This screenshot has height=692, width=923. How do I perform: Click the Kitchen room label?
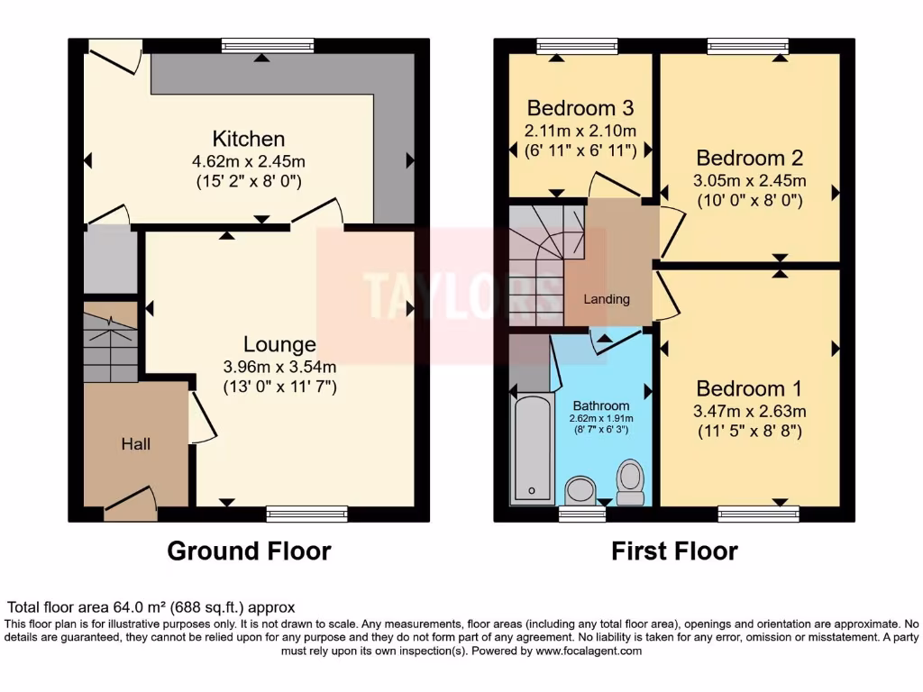249,139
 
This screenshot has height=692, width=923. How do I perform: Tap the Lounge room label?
279,344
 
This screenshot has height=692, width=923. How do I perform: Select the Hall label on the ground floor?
136,444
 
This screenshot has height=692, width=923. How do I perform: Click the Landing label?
606,299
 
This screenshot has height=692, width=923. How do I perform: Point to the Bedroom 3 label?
580,108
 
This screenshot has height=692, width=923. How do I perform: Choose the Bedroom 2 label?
749,158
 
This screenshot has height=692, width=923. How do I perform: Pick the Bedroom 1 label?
748,388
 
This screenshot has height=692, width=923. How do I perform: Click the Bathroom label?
601,405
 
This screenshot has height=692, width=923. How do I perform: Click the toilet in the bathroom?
629,481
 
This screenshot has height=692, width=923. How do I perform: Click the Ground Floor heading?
249,551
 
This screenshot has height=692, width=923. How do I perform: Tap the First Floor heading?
674,551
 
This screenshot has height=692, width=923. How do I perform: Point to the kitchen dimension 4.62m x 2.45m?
249,162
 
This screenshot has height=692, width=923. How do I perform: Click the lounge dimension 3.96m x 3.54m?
279,367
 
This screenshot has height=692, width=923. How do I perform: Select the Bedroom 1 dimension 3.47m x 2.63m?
749,411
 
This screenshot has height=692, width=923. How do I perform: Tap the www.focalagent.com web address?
588,651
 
